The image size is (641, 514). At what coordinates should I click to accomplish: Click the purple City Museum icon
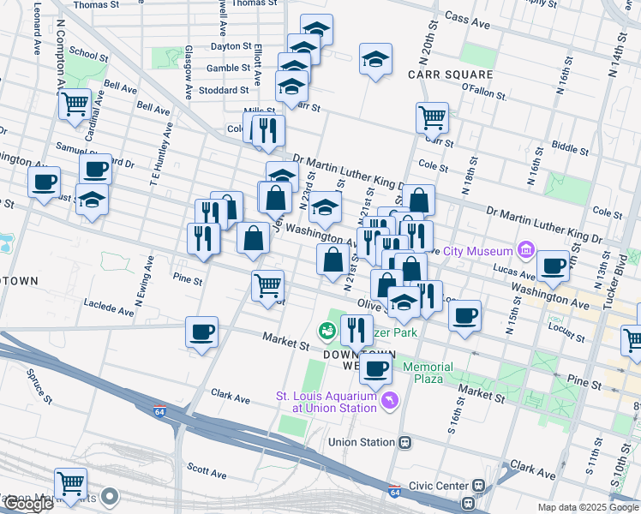tap(524, 251)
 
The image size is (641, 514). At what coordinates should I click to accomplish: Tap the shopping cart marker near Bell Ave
tap(75, 105)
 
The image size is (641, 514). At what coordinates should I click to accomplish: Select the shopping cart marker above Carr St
tap(433, 116)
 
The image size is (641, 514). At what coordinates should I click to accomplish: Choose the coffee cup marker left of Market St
tap(202, 332)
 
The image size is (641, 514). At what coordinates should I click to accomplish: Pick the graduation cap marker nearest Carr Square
tap(375, 60)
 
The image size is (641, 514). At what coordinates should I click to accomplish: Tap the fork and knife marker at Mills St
tap(269, 130)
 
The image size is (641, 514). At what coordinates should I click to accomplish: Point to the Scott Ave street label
tap(207, 471)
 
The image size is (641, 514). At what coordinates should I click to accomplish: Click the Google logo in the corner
tap(27, 504)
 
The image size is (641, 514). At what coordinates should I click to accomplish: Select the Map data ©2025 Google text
tap(587, 507)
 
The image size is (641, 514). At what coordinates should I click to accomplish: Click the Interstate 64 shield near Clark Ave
tap(160, 411)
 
